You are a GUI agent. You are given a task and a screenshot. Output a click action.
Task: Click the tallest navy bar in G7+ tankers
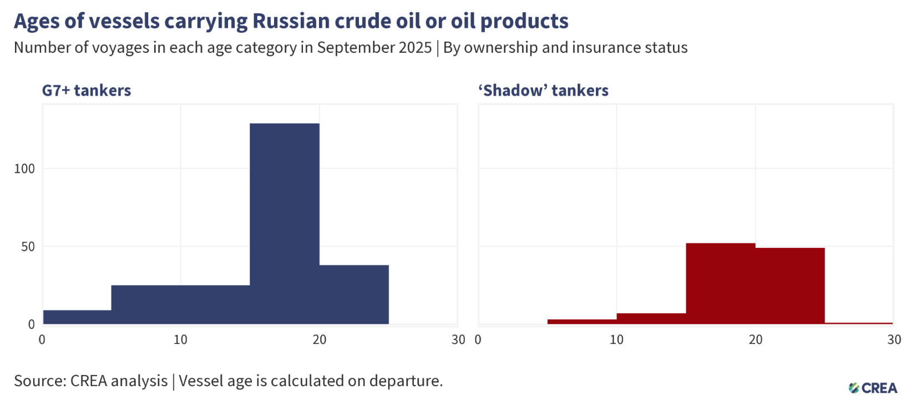pos(284,222)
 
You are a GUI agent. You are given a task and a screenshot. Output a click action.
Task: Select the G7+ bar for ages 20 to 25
pos(353,294)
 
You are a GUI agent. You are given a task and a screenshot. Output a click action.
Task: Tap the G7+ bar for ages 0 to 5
pos(77,317)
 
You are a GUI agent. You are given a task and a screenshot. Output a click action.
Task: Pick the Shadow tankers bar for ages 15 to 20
pos(720,283)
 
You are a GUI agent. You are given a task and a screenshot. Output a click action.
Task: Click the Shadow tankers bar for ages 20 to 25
pos(790,286)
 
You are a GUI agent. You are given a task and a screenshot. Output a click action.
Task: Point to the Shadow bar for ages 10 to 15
pos(651,319)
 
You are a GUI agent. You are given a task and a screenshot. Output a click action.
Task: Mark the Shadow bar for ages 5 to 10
pos(581,322)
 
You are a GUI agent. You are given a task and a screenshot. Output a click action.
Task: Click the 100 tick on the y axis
pos(24,169)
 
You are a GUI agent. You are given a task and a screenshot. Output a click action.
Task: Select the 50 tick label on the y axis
pos(28,247)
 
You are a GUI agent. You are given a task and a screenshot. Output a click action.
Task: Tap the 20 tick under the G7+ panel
pos(319,339)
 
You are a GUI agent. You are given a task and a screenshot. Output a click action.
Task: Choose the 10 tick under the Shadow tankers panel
pos(616,339)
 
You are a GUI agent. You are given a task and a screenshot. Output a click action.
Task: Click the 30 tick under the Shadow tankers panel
pos(894,339)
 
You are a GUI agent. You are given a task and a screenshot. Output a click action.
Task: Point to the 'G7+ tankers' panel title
pos(87,91)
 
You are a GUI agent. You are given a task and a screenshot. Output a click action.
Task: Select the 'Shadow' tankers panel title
pos(543,91)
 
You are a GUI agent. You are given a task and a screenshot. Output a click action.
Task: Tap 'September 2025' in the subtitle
pos(374,48)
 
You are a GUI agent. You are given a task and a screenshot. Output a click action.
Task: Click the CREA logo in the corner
pos(873,388)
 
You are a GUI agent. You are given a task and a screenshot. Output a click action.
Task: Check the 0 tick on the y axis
pos(31,324)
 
